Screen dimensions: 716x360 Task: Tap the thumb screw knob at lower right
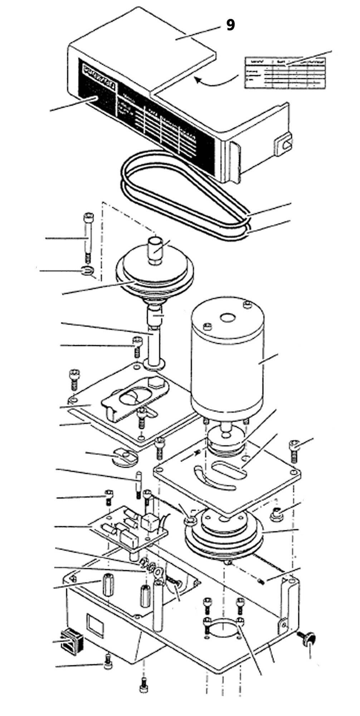[x=308, y=636]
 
